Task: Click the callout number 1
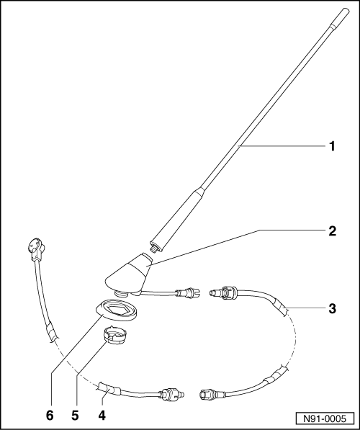[x=333, y=147]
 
